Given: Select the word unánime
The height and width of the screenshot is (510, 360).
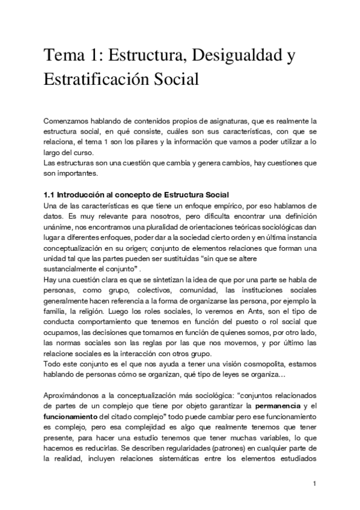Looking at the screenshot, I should [x=59, y=228].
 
